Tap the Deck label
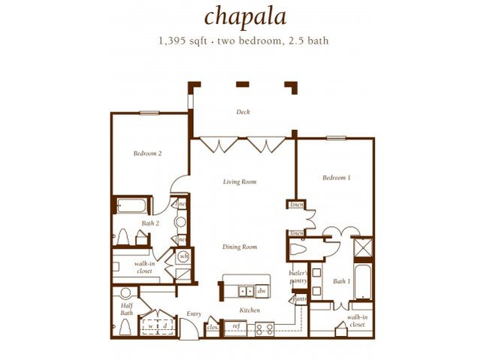pos(243,112)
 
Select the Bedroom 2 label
pos(148,153)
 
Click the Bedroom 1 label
pos(337,177)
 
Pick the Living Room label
pos(240,182)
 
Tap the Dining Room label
pos(240,247)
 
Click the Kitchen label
pos(249,310)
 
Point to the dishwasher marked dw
pos(261,290)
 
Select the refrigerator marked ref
pos(235,327)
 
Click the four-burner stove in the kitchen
pos(265,327)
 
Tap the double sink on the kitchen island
pos(245,290)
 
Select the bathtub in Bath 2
pos(132,204)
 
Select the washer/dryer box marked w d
pos(157,327)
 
